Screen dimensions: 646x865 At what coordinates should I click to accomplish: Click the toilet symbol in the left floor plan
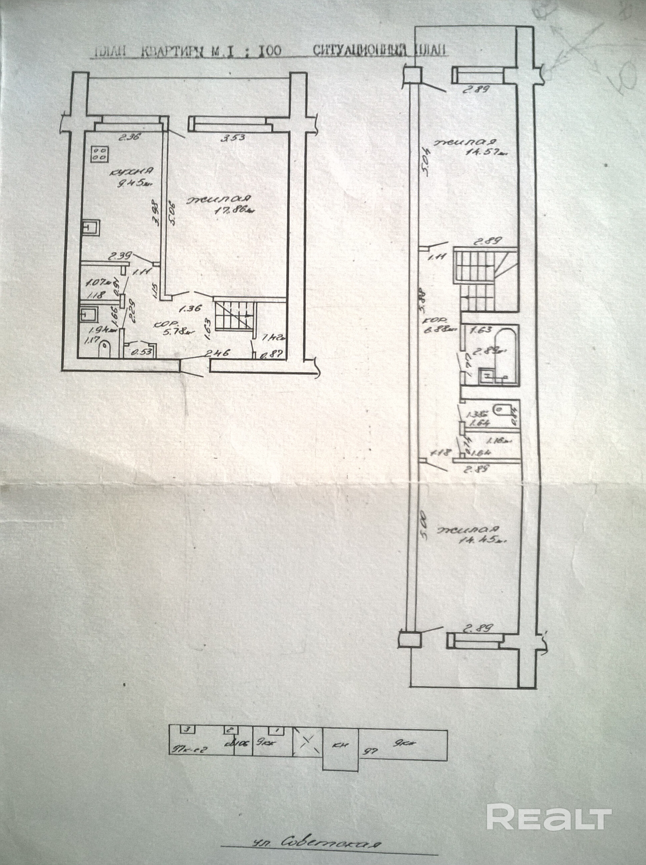pyautogui.click(x=105, y=348)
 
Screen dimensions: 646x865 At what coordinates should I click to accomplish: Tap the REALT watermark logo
pyautogui.click(x=549, y=783)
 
